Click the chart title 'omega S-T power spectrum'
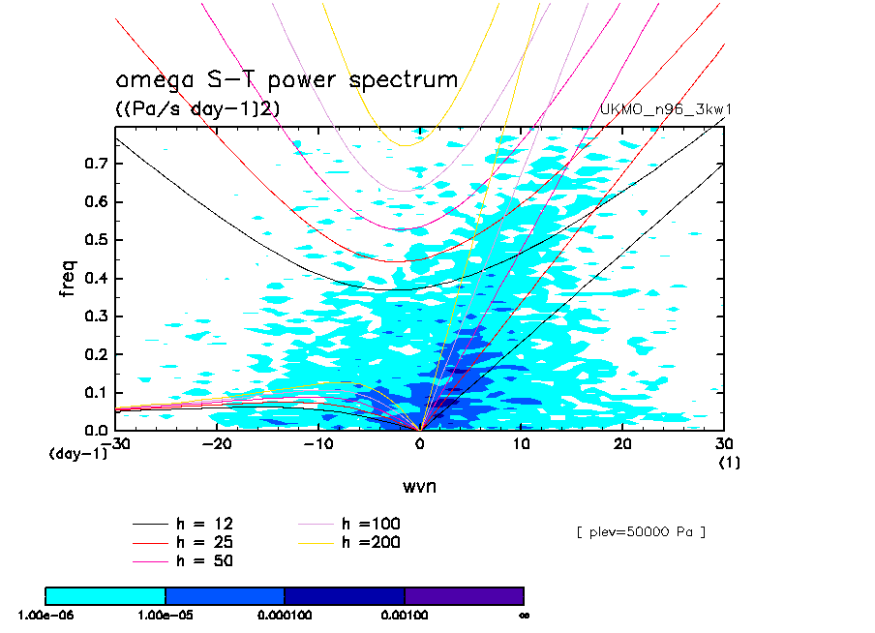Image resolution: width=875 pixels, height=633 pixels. click(287, 80)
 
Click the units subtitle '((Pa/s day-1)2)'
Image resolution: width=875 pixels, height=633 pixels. click(197, 107)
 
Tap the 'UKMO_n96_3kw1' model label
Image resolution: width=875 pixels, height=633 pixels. click(665, 109)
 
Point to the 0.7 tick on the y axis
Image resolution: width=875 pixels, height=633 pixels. click(96, 164)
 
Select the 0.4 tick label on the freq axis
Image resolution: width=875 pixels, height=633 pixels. click(96, 278)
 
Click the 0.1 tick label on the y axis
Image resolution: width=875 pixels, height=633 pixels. click(96, 392)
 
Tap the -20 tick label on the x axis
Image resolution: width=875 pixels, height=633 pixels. click(217, 443)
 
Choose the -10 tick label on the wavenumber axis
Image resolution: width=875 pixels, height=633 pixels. click(318, 443)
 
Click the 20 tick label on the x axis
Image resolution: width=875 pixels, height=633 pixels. click(622, 443)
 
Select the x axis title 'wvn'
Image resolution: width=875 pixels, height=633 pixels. click(420, 486)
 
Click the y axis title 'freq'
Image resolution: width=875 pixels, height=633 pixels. click(67, 278)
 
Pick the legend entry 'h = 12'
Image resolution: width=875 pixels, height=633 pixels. click(183, 524)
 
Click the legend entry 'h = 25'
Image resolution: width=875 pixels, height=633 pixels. click(183, 542)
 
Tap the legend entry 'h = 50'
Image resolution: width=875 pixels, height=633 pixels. click(183, 560)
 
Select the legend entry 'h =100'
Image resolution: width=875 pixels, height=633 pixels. click(348, 524)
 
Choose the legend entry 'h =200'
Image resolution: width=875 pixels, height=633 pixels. click(348, 542)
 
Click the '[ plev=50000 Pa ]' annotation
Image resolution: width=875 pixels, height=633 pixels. click(641, 532)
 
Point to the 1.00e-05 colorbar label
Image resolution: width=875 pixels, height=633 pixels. click(166, 616)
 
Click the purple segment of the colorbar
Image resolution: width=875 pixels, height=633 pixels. click(465, 596)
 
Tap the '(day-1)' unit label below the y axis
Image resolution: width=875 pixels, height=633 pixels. click(78, 453)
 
